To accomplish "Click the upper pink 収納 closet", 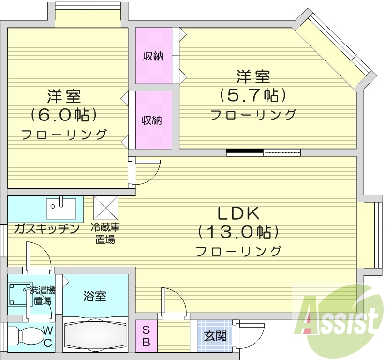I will click(153, 56).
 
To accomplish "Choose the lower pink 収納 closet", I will click(153, 120).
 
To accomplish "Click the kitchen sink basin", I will click(61, 209).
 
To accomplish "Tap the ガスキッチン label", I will click(46, 228).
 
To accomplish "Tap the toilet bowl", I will click(27, 336).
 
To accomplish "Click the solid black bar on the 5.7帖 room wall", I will click(245, 152).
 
